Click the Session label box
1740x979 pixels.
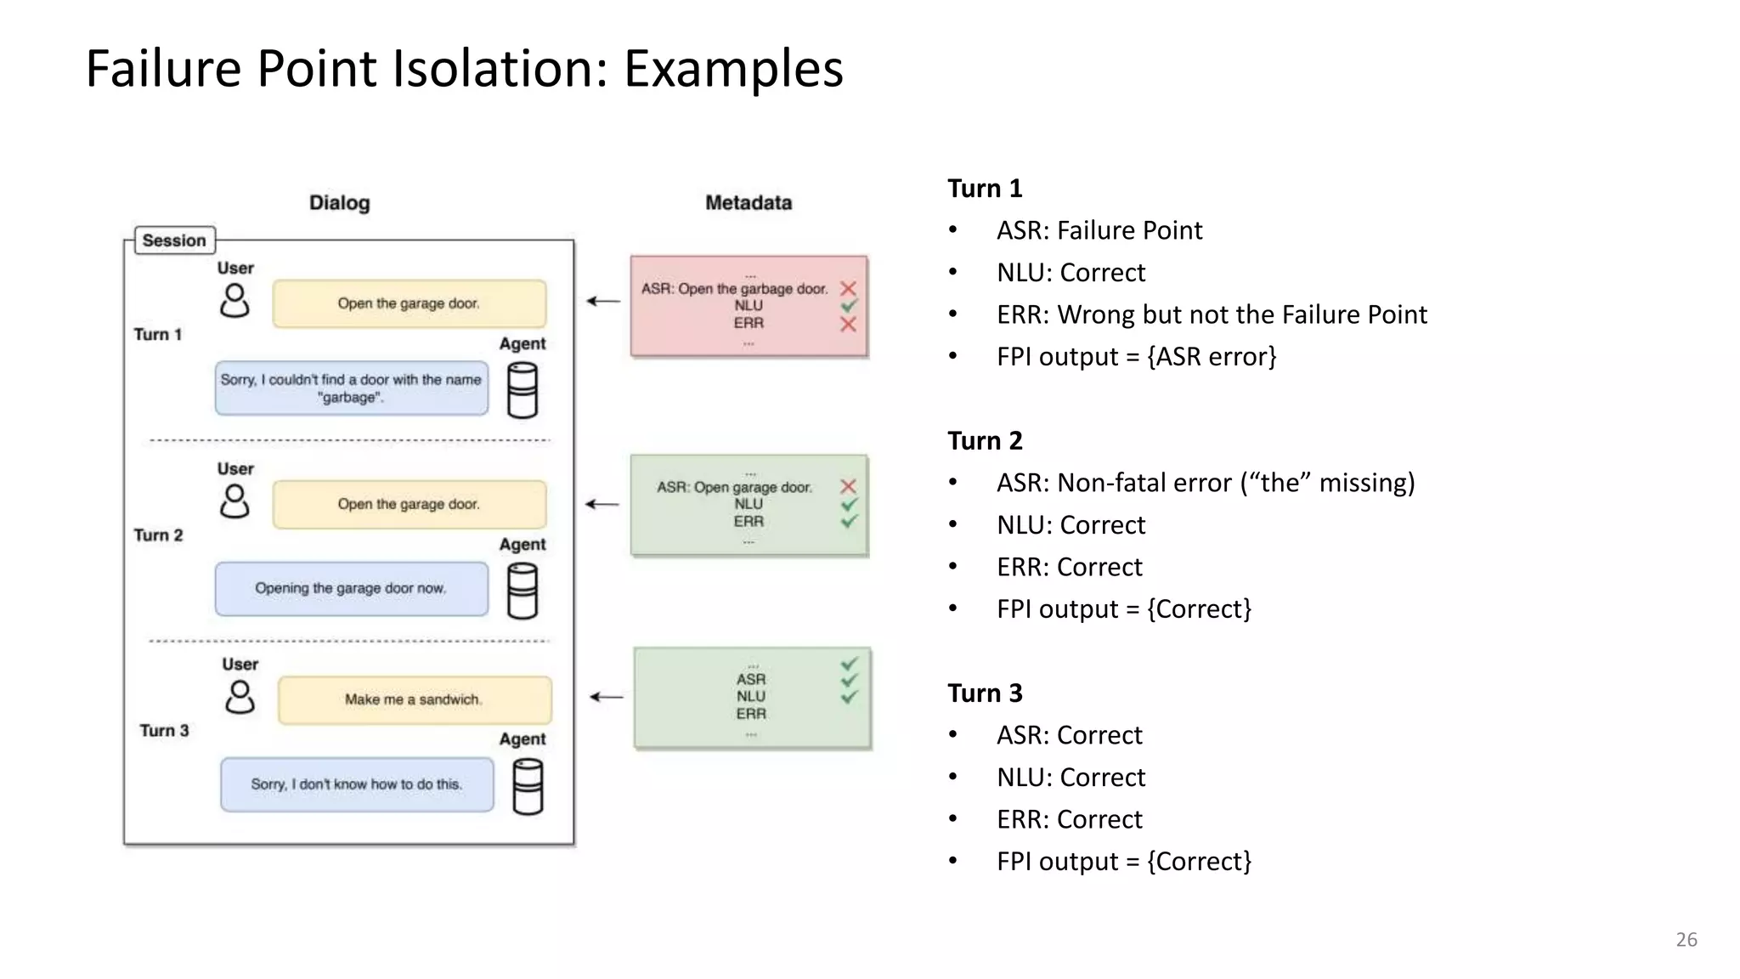174,241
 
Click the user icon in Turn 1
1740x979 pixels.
234,301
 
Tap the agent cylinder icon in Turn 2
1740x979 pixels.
522,591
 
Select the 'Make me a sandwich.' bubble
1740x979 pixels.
414,699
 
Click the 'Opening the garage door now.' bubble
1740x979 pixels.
351,588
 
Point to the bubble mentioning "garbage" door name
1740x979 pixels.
351,388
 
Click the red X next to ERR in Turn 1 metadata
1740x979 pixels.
847,324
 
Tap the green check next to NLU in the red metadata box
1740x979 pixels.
848,305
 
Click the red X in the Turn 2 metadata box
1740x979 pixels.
847,486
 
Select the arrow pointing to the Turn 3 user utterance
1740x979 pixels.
607,697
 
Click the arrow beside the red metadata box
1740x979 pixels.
603,301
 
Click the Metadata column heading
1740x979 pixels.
748,202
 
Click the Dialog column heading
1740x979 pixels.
339,202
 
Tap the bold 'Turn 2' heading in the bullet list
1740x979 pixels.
985,440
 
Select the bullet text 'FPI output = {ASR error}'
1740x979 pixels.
1136,356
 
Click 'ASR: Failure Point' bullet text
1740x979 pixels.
1099,230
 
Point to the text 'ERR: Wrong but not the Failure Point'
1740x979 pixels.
1211,314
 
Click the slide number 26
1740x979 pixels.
1686,939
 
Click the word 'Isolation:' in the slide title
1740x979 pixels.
500,68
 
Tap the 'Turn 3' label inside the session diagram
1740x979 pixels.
164,730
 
